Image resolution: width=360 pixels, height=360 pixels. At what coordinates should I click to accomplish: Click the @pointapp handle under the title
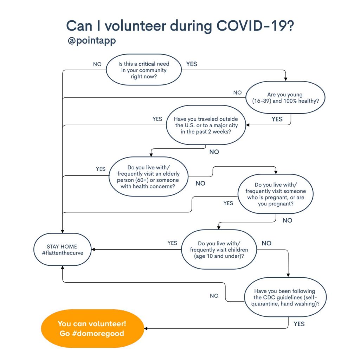tap(92, 41)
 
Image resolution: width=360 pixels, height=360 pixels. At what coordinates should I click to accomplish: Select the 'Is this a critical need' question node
tap(144, 70)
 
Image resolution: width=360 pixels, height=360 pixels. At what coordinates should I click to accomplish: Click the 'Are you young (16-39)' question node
tap(285, 97)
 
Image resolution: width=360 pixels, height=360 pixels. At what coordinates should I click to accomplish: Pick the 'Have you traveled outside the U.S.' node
tap(206, 125)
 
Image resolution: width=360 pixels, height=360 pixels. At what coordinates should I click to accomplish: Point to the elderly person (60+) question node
tap(148, 176)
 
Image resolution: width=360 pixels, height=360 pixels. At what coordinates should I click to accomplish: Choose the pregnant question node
tap(276, 194)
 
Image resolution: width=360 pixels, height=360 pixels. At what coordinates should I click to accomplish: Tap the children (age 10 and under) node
tap(219, 250)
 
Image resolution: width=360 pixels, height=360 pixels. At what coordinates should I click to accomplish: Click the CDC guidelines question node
tap(285, 297)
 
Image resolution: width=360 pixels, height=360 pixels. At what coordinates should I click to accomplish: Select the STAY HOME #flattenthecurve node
tap(63, 250)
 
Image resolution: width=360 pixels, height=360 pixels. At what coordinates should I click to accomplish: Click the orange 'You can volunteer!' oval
tap(92, 329)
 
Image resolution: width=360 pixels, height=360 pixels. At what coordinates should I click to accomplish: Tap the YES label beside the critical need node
tap(192, 64)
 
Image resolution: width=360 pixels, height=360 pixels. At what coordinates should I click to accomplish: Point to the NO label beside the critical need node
tap(97, 64)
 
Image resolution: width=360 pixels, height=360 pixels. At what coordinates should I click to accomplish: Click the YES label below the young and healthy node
tap(277, 119)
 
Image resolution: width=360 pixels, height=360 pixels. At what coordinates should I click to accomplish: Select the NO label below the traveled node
tap(214, 152)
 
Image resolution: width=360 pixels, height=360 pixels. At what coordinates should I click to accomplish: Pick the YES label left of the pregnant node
tap(228, 203)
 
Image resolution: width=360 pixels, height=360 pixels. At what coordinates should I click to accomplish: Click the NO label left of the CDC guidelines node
tap(214, 296)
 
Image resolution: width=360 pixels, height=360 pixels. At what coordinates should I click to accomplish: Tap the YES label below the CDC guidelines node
tap(299, 324)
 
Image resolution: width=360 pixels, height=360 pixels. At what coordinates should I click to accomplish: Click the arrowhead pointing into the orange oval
tap(146, 329)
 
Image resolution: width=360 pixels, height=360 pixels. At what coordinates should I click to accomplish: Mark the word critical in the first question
tap(147, 64)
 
